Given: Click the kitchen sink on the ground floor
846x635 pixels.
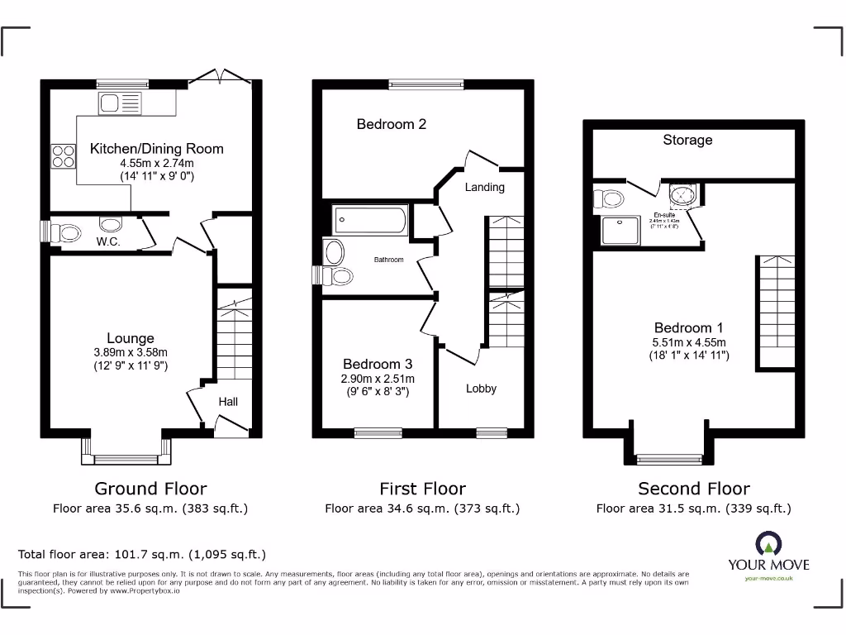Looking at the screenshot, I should pos(120,103).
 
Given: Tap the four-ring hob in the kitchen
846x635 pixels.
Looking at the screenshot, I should pos(63,156).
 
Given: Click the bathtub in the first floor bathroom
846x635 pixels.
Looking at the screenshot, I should pos(369,221).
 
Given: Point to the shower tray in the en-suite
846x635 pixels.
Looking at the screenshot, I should pos(620,230).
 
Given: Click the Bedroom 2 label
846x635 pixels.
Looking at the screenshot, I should pos(392,124).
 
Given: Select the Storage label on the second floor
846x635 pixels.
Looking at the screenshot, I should pos(687,140).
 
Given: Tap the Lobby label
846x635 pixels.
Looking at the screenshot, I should pos(481,388).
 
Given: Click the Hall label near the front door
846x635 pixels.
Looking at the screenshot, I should pos(228,401).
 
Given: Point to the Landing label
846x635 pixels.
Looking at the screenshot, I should pos(484,187).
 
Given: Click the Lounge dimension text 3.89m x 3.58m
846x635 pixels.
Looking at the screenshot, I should pos(131,352).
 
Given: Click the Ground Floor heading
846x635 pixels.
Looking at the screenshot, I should pos(150,489).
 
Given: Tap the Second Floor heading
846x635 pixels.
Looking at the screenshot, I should pos(694,489).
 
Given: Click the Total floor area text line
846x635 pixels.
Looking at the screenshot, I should pos(142,554).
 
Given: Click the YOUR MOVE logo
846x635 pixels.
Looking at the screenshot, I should pos(768,555).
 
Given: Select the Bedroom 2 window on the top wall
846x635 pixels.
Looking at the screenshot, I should pos(426,84).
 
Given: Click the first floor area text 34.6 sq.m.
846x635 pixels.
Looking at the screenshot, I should pos(422,508).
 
